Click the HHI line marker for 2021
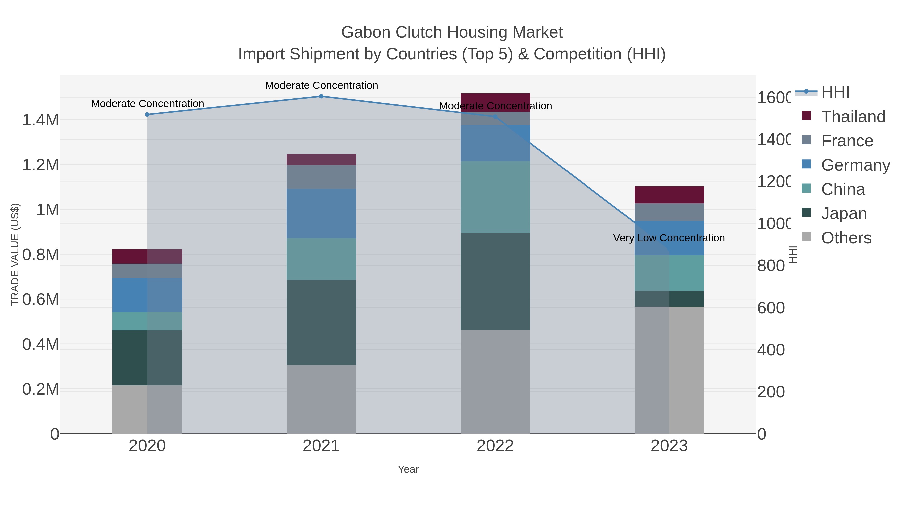[321, 96]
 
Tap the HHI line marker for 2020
[147, 115]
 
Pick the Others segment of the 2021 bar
[321, 399]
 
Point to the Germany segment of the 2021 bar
[321, 214]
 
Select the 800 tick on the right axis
[771, 266]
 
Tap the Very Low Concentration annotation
[669, 238]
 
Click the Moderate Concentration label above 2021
[321, 85]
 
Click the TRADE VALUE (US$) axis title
[15, 254]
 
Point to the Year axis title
[408, 469]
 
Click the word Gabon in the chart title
[366, 32]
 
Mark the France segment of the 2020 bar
[147, 270]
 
